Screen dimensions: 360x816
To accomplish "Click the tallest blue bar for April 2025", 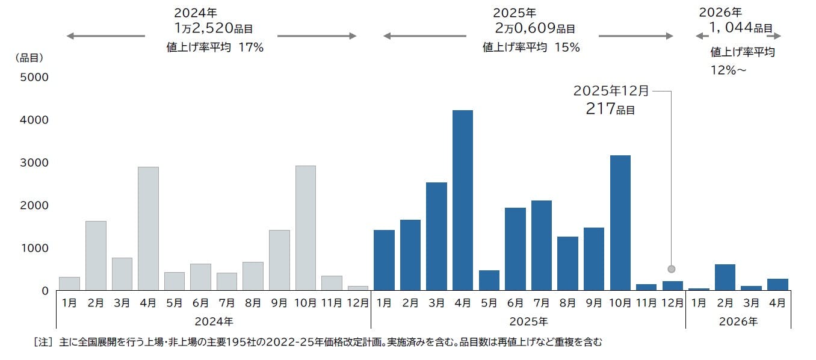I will tap(463, 200).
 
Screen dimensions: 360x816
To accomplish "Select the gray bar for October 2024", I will tap(306, 228).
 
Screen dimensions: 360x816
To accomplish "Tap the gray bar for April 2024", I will tap(148, 229).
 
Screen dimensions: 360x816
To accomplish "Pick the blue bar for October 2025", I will tap(620, 223).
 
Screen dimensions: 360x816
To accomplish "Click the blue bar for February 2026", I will tap(725, 278).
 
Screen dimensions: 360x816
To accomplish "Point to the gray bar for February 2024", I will tap(96, 256).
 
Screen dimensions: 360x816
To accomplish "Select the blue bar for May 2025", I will tap(489, 281).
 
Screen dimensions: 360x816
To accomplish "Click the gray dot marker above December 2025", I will tap(672, 269).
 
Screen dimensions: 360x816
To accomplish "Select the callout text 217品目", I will tap(610, 110).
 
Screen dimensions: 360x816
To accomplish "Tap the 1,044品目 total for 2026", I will tap(740, 28).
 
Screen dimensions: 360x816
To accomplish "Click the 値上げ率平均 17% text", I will tap(215, 48).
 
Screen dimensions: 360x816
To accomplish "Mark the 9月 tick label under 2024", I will tap(279, 303).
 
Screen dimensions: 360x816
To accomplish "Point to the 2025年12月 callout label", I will tap(611, 92).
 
